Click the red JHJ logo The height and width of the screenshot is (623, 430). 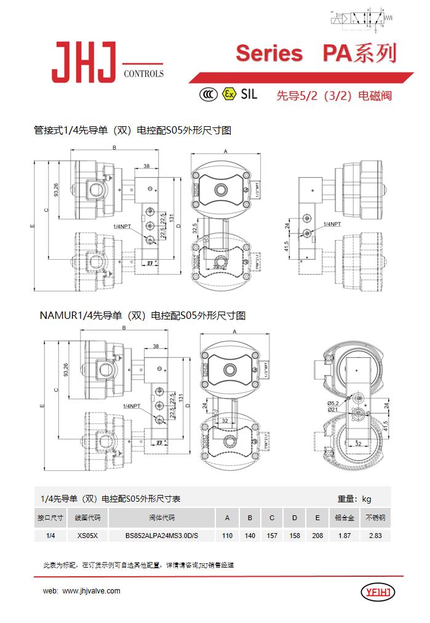[84, 62]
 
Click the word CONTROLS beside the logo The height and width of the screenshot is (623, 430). [144, 74]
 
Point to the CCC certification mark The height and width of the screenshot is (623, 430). [209, 94]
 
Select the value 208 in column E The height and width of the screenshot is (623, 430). [317, 536]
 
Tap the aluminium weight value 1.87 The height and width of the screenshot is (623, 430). [344, 536]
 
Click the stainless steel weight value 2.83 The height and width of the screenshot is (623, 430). [375, 536]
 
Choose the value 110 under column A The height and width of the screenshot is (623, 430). [227, 536]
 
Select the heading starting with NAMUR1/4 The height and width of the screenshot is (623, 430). [142, 316]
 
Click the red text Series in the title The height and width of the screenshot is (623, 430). [269, 54]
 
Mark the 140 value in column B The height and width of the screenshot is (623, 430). [250, 536]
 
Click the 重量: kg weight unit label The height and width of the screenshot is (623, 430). [354, 499]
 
